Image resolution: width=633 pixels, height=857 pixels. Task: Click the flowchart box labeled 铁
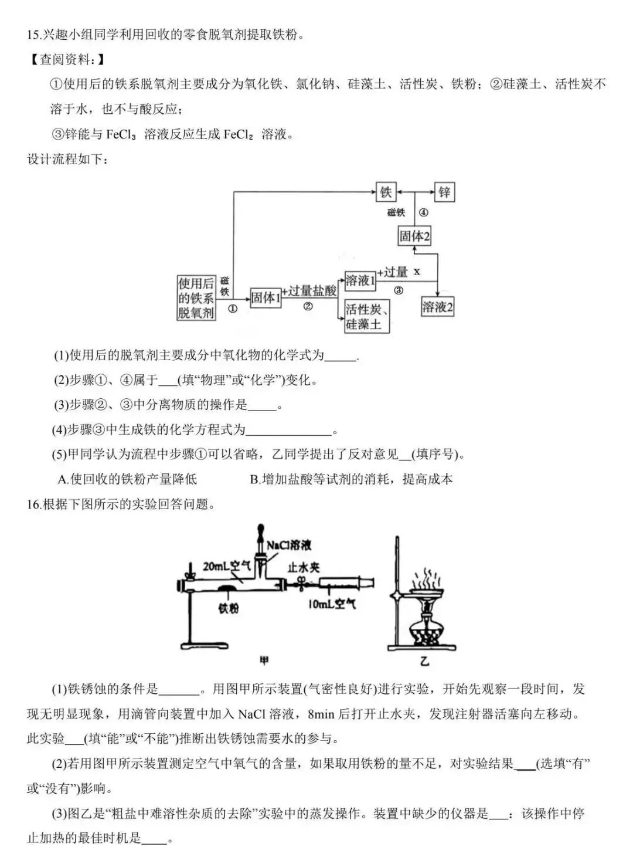point(386,192)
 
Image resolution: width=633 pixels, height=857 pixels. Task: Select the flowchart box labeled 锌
point(444,192)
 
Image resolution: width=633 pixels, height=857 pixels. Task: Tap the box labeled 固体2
point(414,236)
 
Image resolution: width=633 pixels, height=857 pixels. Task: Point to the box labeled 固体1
point(266,297)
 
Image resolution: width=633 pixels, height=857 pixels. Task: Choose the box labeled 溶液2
point(437,306)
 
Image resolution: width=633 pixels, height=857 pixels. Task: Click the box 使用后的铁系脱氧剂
point(196,298)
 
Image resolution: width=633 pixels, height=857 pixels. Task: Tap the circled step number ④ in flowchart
point(423,213)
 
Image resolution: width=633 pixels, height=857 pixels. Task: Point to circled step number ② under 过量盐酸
point(308,306)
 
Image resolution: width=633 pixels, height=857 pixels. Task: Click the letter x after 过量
point(417,272)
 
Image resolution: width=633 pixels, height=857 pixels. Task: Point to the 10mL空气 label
point(332,604)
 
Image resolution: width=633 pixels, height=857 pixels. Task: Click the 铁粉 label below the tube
point(229,609)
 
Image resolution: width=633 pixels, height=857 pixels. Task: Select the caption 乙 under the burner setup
point(424,661)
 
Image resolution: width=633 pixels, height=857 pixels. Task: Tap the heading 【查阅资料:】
point(68,59)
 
